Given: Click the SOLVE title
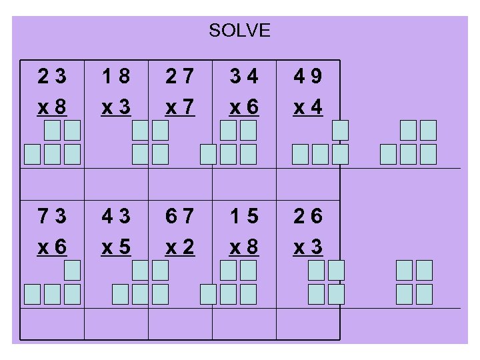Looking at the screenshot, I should click(x=239, y=31).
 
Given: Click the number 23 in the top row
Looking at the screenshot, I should click(x=52, y=78).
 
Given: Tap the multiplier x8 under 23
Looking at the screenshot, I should click(x=52, y=106).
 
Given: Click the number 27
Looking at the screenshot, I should click(x=179, y=78).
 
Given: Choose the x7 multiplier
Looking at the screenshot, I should click(x=179, y=106).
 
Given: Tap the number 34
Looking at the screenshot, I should click(x=243, y=78).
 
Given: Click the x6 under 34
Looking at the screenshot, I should click(x=243, y=106).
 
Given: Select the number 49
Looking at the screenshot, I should click(x=308, y=78).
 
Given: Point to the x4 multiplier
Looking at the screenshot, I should click(x=308, y=106).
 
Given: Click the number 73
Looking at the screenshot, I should click(x=52, y=217).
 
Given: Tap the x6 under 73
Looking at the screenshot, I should click(x=52, y=246).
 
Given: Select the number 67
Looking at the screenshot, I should click(x=179, y=217).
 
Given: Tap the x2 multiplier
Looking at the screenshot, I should click(x=179, y=246).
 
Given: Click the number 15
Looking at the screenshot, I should click(x=243, y=217).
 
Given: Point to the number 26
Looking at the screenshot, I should click(x=308, y=217).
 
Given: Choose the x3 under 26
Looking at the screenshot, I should click(x=308, y=246).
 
